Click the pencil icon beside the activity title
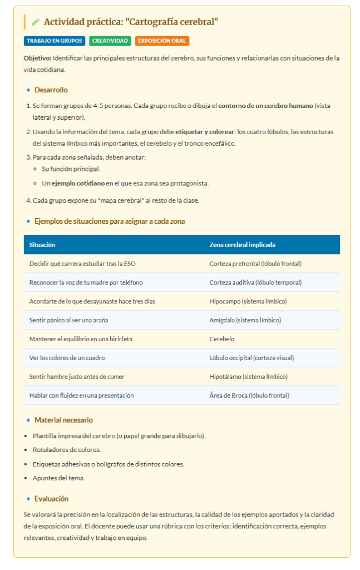(x=36, y=22)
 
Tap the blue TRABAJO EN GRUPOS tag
(x=55, y=41)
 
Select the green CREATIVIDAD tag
(x=110, y=41)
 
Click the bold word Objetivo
(x=37, y=58)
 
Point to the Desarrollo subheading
(x=51, y=90)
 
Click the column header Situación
(x=42, y=245)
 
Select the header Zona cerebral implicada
(x=242, y=245)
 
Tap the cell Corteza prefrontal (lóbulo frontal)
(x=255, y=264)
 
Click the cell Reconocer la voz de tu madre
(x=86, y=283)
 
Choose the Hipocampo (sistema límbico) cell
(x=248, y=302)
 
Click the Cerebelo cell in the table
(x=222, y=339)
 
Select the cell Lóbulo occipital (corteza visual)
(x=251, y=358)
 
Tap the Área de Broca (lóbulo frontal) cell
(x=249, y=396)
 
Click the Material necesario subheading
(x=63, y=420)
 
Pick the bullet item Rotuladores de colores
(x=67, y=449)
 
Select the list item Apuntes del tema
(x=58, y=478)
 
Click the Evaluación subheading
(x=51, y=498)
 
